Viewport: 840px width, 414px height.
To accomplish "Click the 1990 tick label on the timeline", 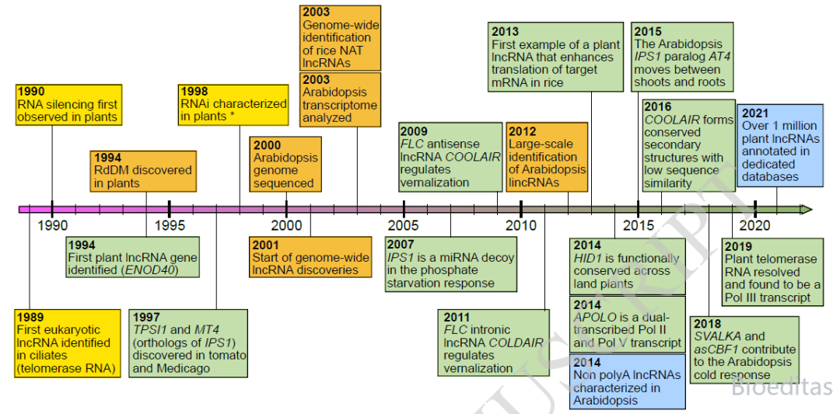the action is point(53,224).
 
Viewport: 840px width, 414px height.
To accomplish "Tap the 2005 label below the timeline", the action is point(404,224).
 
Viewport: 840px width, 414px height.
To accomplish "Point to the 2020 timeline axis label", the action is point(755,224).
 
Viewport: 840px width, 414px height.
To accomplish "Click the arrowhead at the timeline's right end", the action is point(807,209).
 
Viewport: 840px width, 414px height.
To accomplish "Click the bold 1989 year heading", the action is point(31,318).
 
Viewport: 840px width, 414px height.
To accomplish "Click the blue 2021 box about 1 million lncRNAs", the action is point(780,145).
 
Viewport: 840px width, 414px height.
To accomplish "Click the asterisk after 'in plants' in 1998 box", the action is point(229,116).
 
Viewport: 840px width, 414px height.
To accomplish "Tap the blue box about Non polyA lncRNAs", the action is point(627,381).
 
